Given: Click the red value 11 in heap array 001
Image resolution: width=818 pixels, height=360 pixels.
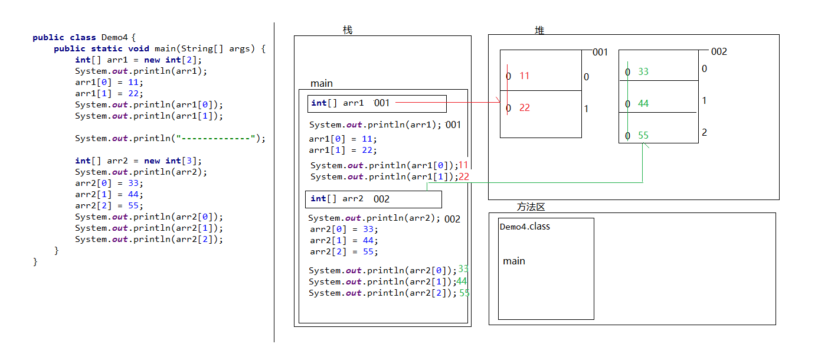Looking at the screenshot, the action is click(525, 76).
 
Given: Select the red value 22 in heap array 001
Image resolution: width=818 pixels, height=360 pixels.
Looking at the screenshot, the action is click(525, 108).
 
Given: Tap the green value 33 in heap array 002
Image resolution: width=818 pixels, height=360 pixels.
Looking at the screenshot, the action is click(643, 71).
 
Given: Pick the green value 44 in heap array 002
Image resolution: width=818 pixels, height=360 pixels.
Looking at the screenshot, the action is click(643, 104).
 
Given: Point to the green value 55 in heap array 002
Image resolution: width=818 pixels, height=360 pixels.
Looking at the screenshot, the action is click(643, 136).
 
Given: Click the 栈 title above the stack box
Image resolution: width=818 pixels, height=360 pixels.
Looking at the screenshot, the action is click(348, 30).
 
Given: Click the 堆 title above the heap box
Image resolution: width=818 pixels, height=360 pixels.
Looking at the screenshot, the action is click(539, 30).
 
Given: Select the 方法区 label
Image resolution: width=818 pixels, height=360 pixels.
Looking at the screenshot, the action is click(531, 207).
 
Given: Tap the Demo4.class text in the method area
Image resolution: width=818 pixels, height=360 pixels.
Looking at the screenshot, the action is click(525, 227).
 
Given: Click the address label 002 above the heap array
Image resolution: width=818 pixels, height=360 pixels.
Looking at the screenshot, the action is click(719, 51).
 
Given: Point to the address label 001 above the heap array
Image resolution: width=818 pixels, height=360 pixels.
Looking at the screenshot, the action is click(600, 52).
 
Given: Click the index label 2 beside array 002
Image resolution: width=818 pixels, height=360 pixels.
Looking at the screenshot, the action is click(705, 132).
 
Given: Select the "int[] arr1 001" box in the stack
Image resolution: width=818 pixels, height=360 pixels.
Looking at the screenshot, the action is click(377, 104).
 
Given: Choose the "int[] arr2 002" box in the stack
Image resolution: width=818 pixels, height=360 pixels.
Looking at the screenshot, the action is click(374, 199).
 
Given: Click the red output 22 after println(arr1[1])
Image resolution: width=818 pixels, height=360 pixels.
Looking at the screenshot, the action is click(464, 176).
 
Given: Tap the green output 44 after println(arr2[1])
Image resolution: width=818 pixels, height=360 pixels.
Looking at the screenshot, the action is click(462, 281).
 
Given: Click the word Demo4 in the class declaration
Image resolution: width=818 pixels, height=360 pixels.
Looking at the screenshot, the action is click(114, 37).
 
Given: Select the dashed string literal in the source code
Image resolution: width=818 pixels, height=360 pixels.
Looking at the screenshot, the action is click(215, 138).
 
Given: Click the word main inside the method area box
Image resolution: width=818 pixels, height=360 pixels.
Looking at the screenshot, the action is click(514, 261).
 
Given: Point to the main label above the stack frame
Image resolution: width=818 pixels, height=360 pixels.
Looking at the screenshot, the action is click(321, 84).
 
